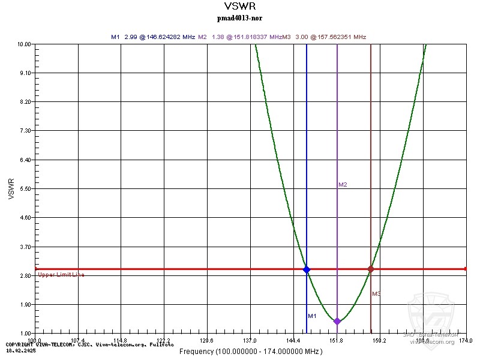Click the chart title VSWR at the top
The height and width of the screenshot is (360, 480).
coord(239,7)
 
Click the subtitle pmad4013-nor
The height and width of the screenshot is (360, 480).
coord(239,18)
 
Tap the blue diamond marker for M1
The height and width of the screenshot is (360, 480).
coord(307,269)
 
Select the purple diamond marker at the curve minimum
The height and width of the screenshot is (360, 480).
coord(337,321)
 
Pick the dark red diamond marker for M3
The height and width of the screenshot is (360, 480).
coord(371,269)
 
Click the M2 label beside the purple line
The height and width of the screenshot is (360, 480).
coord(343,185)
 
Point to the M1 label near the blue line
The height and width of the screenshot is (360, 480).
coord(312,316)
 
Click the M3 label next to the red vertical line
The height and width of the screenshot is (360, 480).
coord(376,294)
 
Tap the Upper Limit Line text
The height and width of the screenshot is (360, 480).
coord(61,275)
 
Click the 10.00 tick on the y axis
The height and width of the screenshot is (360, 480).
coord(24,44)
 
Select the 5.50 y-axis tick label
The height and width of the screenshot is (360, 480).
coord(25,189)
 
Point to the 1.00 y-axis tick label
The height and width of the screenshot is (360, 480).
coord(25,334)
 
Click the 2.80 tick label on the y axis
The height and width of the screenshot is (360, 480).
coord(25,275)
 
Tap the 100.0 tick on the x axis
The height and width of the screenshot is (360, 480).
coord(35,340)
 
